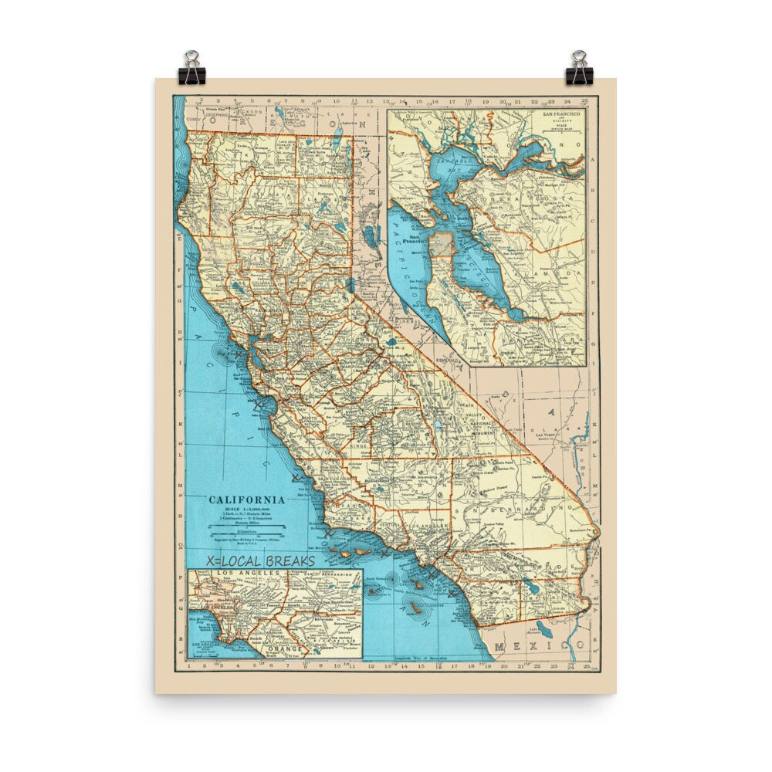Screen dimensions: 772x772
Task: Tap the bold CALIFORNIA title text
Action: [x=247, y=499]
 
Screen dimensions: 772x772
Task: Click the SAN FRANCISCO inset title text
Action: [x=564, y=114]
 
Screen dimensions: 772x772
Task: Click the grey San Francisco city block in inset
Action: [x=441, y=245]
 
